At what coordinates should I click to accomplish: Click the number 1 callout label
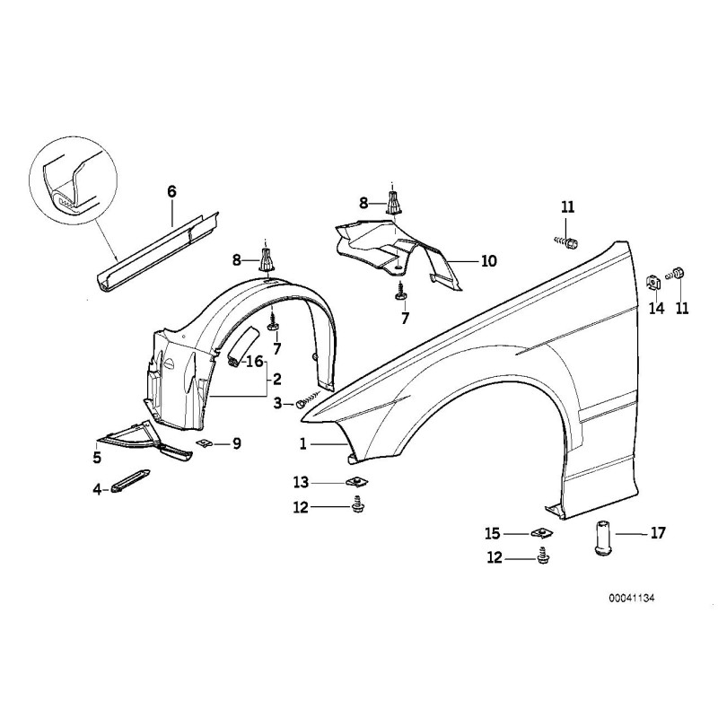(x=303, y=443)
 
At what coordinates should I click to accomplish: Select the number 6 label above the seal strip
(x=171, y=190)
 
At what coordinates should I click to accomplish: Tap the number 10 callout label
(x=488, y=262)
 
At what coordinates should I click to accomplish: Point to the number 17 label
(x=658, y=533)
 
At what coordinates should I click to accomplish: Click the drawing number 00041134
(x=626, y=598)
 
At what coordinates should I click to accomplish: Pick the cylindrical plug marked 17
(x=601, y=538)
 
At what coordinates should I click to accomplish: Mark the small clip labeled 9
(x=206, y=443)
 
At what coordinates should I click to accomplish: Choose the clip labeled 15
(x=544, y=533)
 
